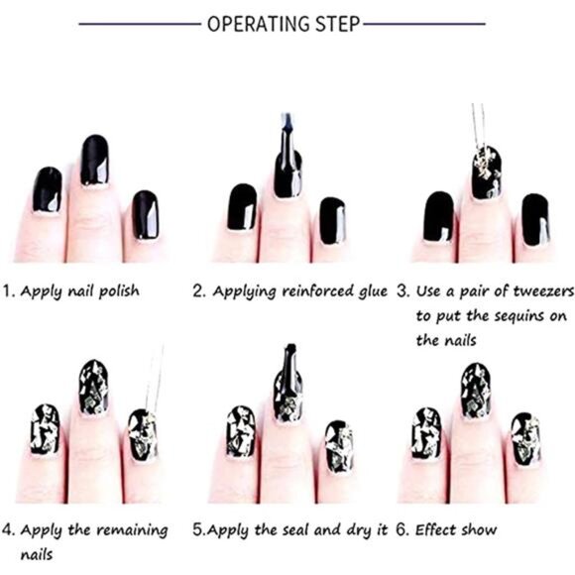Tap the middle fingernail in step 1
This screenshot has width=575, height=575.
[94, 160]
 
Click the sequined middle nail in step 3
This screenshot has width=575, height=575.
[487, 172]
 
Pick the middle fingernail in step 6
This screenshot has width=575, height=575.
[476, 391]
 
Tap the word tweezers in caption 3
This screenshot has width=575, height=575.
[543, 291]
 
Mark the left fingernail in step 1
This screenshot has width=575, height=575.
[48, 189]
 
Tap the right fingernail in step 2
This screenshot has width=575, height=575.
[332, 221]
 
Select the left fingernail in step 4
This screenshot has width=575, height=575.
[45, 429]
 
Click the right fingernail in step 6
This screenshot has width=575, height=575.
[525, 439]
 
